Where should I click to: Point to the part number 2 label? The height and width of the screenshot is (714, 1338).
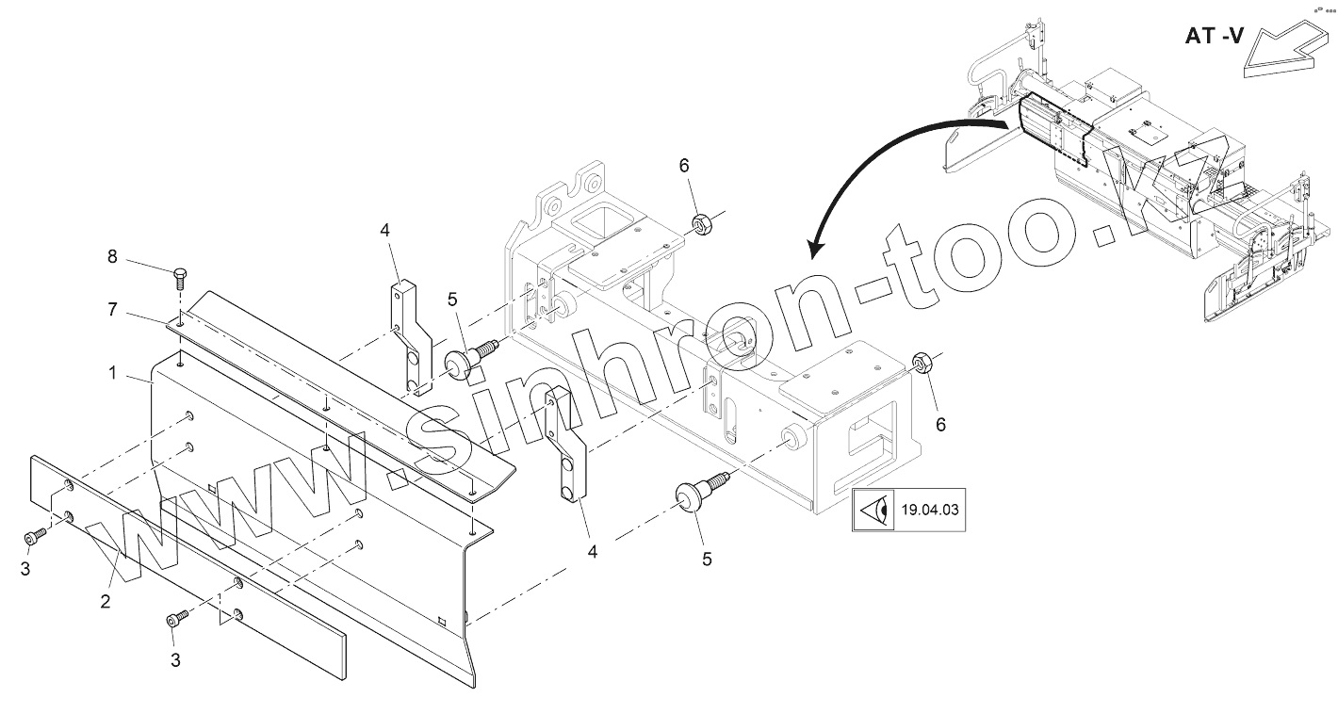pos(106,600)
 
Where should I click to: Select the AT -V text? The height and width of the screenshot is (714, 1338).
pos(1214,38)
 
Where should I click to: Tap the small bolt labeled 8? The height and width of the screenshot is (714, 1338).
pos(179,280)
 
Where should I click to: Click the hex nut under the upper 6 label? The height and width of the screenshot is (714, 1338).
pos(702,224)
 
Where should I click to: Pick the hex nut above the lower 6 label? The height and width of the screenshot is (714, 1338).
pos(922,362)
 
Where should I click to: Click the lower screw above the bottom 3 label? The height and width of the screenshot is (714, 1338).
pos(176,620)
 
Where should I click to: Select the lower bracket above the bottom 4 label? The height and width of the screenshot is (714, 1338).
pos(568,447)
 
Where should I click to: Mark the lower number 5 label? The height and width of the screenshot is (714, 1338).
pos(706,559)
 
